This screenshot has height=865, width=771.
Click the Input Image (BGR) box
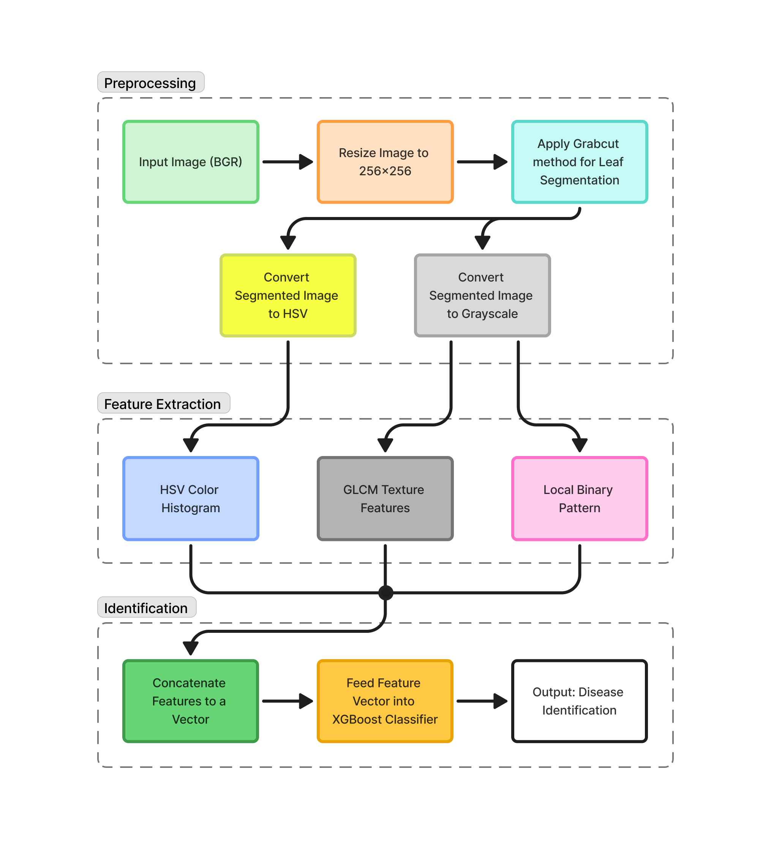[191, 162]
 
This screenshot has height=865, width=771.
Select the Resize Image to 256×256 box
[385, 162]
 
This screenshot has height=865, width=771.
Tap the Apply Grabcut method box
[580, 162]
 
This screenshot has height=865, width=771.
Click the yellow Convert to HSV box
[288, 296]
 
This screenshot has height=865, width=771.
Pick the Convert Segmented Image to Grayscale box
[482, 296]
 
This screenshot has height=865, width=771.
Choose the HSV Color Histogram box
[191, 499]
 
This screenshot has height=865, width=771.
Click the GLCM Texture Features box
[385, 499]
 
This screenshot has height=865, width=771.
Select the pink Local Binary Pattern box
[580, 499]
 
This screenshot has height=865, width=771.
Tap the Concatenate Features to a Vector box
[191, 701]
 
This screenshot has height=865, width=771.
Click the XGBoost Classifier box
[385, 701]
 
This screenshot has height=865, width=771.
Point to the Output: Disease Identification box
[580, 701]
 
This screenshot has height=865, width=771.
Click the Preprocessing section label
[151, 83]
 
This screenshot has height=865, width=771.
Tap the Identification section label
[147, 608]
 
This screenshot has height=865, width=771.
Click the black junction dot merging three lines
[385, 593]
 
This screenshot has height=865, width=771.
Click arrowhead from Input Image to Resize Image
[306, 162]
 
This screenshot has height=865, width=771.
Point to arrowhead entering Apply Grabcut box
[500, 162]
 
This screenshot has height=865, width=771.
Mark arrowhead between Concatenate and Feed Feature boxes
[306, 701]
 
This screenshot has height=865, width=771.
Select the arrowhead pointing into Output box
[500, 701]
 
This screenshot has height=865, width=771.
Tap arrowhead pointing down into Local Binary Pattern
[580, 445]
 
